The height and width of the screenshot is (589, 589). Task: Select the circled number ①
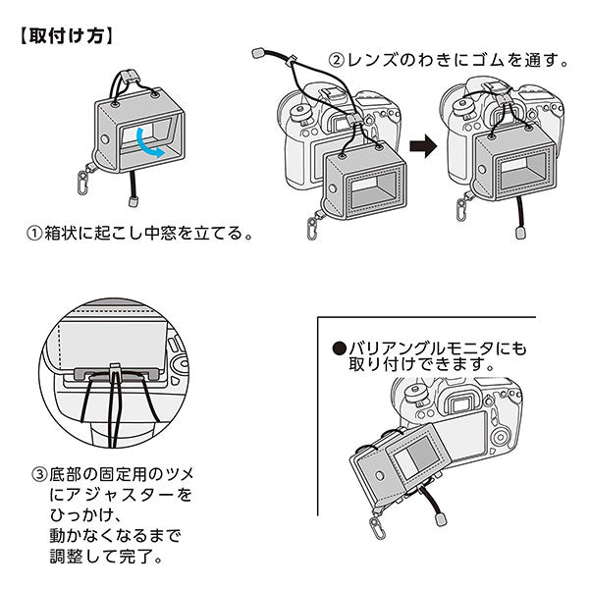34,236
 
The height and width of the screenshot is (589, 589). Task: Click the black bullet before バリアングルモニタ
340,348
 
